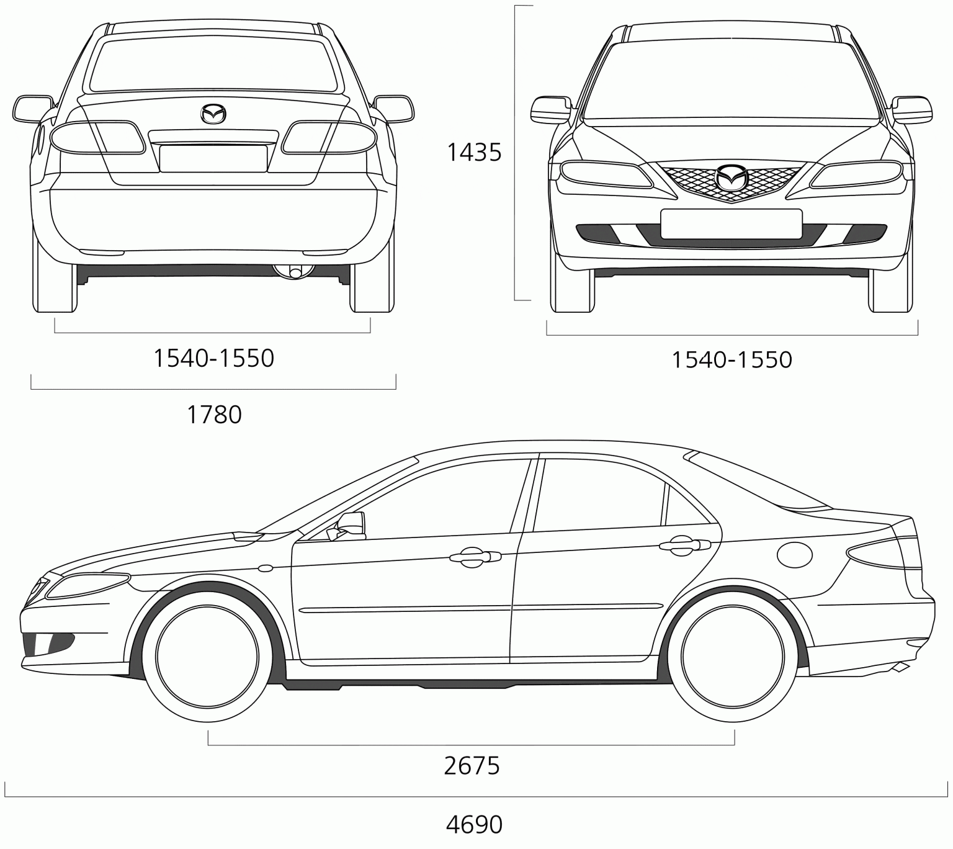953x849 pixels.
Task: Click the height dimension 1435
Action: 474,153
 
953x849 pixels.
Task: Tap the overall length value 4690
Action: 474,824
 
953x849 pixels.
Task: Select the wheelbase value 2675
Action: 472,766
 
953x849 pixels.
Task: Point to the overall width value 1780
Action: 215,415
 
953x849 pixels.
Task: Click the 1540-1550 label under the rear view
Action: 214,358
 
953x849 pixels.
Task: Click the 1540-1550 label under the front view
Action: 732,359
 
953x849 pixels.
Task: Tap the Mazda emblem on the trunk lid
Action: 213,114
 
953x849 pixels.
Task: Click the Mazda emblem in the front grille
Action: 731,178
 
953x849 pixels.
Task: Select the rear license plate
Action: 213,158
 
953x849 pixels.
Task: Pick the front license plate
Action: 732,223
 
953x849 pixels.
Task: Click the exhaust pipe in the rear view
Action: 295,272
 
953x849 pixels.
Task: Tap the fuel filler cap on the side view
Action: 795,554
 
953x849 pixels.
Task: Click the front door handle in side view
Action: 475,557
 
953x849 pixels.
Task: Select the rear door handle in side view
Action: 684,545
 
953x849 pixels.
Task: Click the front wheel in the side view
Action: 207,656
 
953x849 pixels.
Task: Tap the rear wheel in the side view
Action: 732,656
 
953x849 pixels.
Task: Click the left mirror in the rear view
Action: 33,109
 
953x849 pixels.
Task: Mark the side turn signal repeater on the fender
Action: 266,568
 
